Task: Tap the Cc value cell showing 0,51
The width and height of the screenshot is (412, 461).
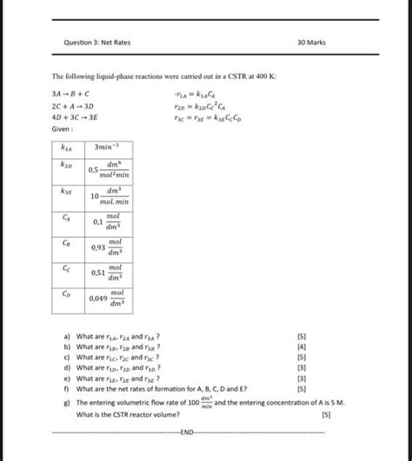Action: pyautogui.click(x=108, y=274)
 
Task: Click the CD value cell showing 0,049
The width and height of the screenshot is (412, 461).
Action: pyautogui.click(x=108, y=300)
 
